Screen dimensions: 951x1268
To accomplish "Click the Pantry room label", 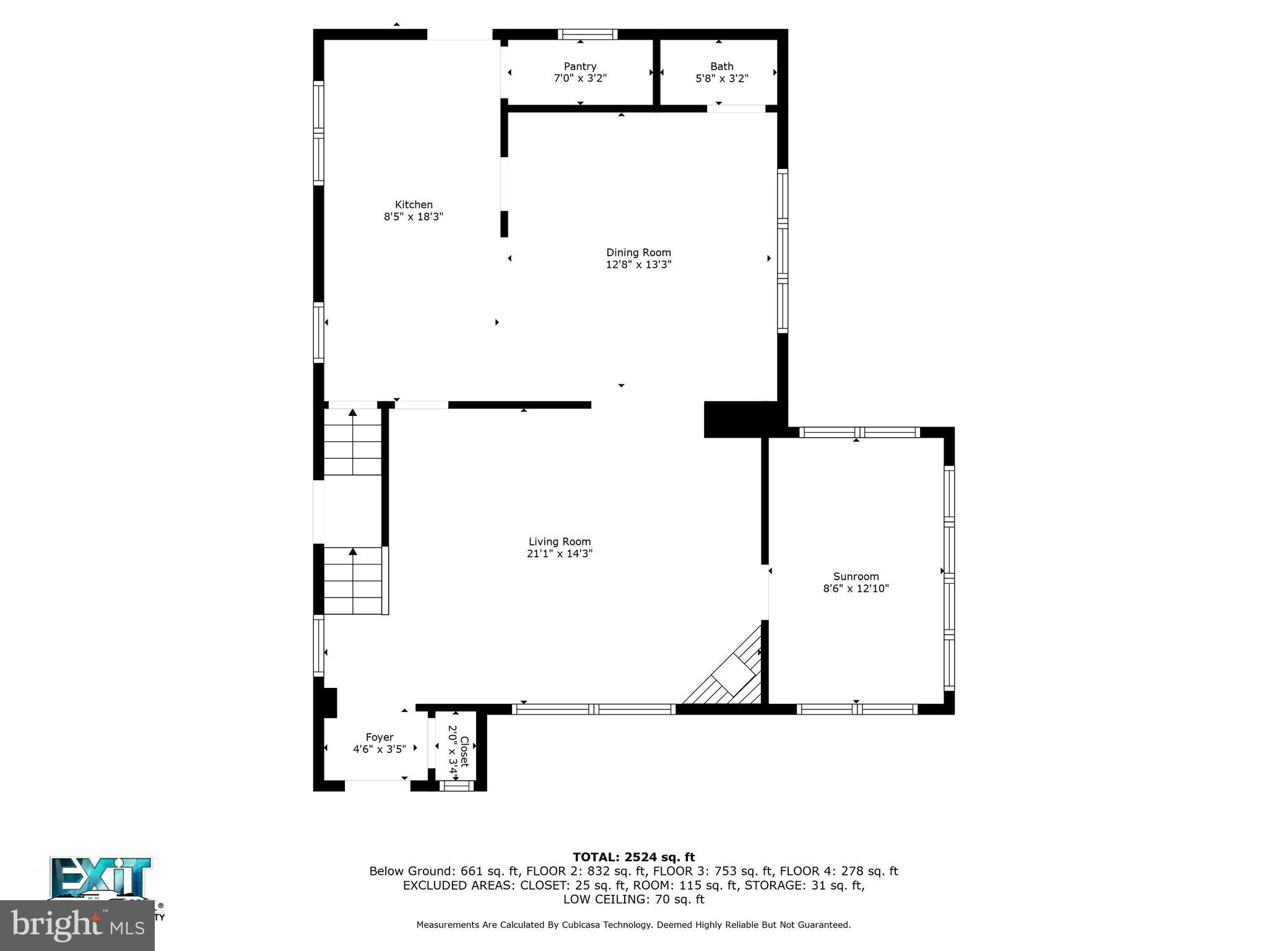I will [580, 66].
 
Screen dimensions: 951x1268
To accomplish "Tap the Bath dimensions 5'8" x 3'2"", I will [722, 79].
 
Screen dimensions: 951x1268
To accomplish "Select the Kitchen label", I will [414, 204].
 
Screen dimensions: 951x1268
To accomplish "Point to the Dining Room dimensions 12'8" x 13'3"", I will [638, 264].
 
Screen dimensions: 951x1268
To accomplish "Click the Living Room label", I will [559, 542].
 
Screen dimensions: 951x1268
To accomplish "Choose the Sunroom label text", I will [856, 576].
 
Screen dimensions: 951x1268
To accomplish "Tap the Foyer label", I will [379, 737].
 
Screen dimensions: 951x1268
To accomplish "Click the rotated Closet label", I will [464, 751].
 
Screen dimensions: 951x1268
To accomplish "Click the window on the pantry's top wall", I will [587, 35].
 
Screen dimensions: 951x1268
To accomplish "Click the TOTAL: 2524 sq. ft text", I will [633, 857].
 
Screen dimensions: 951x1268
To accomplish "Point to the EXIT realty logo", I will [101, 877].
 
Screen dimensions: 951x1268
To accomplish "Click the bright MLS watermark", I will [77, 925].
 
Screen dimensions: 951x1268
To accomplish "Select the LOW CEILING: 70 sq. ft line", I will [633, 900].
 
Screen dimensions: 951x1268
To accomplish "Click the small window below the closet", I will [456, 786].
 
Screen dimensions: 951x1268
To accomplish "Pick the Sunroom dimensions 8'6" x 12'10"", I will [856, 589].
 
